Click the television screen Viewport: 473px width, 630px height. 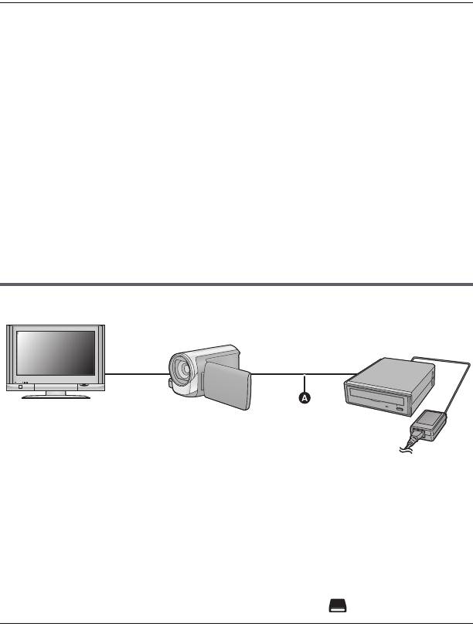[x=58, y=354]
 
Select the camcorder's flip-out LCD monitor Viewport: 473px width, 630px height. [x=227, y=387]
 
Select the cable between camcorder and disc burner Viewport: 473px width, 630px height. [x=298, y=375]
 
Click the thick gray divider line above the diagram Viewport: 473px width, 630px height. [x=236, y=284]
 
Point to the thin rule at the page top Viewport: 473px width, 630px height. [x=236, y=2]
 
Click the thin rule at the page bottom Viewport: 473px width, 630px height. [x=236, y=622]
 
